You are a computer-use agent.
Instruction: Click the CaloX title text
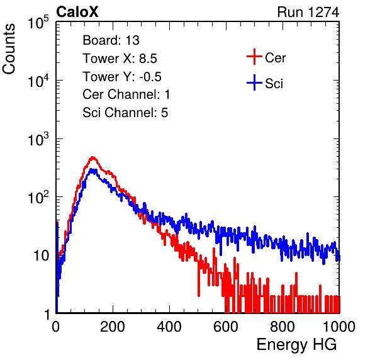coord(77,11)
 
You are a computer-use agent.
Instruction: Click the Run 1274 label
coord(308,12)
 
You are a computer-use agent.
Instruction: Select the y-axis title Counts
coord(9,49)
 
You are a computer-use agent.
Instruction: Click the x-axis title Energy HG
coord(296,345)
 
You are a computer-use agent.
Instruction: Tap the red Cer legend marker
coord(254,57)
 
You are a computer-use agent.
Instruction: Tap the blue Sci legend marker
coord(254,83)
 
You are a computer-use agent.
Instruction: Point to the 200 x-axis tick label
coord(113,327)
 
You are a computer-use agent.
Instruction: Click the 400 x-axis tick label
coord(169,327)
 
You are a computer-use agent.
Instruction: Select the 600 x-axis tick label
coord(226,327)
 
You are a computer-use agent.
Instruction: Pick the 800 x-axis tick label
coord(283,327)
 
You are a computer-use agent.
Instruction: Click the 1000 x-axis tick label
coord(339,327)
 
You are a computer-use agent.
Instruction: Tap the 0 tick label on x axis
coord(56,327)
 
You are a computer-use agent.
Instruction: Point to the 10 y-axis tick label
coord(41,256)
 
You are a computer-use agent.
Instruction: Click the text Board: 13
coord(111,40)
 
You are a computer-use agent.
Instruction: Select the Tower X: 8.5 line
coord(120,59)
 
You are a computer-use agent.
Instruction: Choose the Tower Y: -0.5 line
coord(122,77)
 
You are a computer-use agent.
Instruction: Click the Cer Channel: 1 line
coord(126,94)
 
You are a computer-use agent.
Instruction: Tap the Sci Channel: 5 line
coord(125,113)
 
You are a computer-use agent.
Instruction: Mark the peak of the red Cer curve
coord(92,157)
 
